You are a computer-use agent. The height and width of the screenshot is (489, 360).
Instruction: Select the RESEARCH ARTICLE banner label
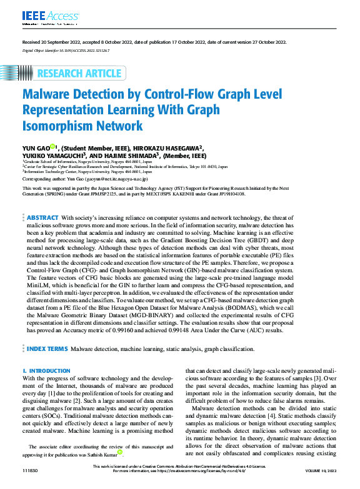79,74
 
